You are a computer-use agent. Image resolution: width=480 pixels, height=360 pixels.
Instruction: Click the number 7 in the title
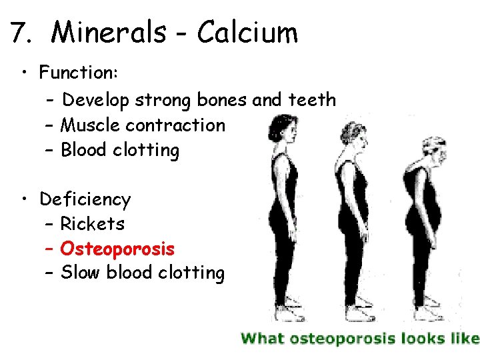pyautogui.click(x=19, y=32)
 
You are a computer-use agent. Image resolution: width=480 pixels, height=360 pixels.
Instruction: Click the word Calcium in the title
pyautogui.click(x=247, y=32)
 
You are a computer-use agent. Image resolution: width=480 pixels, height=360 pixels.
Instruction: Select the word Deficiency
pyautogui.click(x=85, y=199)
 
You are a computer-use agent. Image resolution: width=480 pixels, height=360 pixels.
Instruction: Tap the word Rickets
pyautogui.click(x=92, y=224)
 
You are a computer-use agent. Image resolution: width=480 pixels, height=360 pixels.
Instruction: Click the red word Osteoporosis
pyautogui.click(x=117, y=249)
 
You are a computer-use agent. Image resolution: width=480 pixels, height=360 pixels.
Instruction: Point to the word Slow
pyautogui.click(x=80, y=273)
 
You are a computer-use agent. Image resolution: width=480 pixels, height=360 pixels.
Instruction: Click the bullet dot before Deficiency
pyautogui.click(x=24, y=199)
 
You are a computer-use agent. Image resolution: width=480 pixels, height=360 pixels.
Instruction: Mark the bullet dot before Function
pyautogui.click(x=24, y=71)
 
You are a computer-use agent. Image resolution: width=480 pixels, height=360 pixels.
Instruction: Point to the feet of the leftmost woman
pyautogui.click(x=285, y=314)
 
